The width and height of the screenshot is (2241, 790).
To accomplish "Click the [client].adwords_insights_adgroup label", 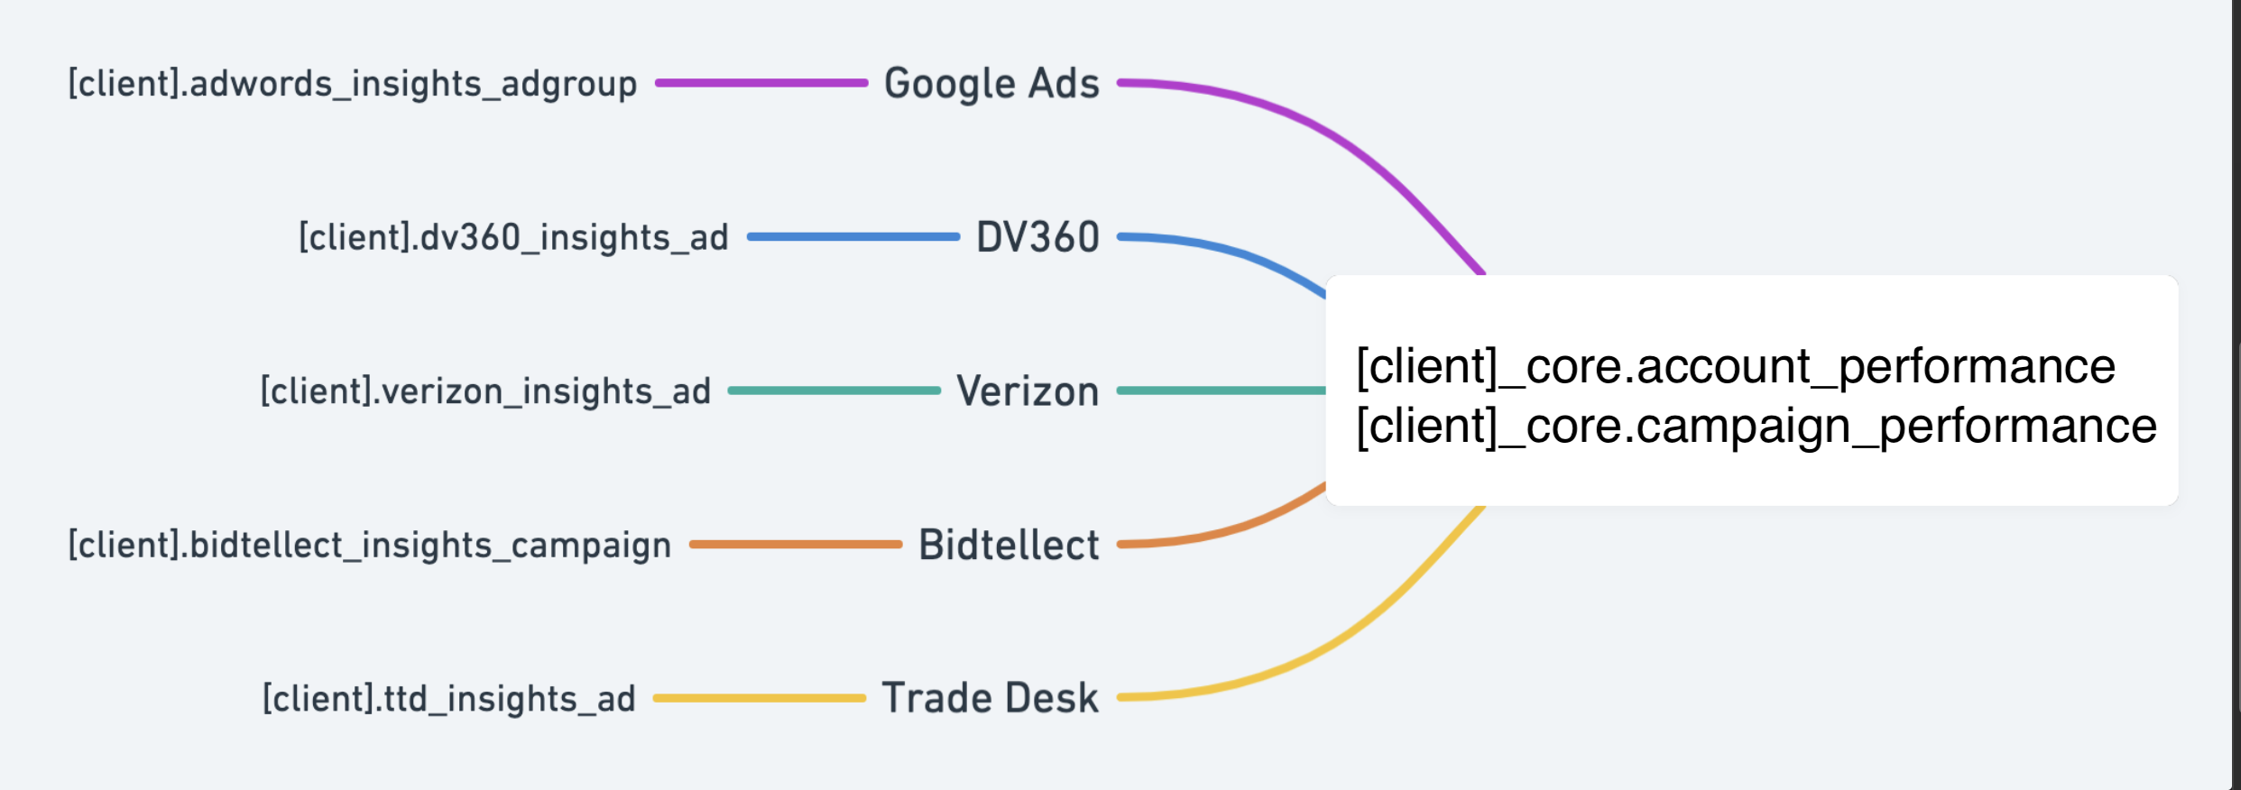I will pyautogui.click(x=353, y=84).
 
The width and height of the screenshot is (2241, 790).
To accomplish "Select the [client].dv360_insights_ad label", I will pyautogui.click(x=513, y=238).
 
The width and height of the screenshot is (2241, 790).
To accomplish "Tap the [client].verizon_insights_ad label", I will pyautogui.click(x=485, y=391).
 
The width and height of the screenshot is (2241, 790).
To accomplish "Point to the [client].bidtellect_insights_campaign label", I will pyautogui.click(x=370, y=546).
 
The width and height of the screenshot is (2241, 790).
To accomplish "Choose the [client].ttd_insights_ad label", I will pyautogui.click(x=448, y=699).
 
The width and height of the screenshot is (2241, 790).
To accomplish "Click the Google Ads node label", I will pyautogui.click(x=991, y=84).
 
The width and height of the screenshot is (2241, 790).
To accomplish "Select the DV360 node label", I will pyautogui.click(x=1037, y=238).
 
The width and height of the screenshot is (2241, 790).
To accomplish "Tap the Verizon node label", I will pyautogui.click(x=1028, y=391).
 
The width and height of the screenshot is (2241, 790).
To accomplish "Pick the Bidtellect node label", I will pyautogui.click(x=1009, y=546).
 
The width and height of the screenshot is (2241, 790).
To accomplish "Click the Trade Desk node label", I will pyautogui.click(x=990, y=699).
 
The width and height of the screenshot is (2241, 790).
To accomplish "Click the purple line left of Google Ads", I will pyautogui.click(x=761, y=83).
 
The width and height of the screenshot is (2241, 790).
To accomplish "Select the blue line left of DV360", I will pyautogui.click(x=853, y=237).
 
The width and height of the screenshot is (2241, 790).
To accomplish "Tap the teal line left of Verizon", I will pyautogui.click(x=834, y=390).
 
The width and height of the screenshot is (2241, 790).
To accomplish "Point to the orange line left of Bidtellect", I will pyautogui.click(x=796, y=545).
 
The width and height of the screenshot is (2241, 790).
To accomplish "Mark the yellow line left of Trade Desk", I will pyautogui.click(x=759, y=698).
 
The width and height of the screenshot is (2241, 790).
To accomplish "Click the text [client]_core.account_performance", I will pyautogui.click(x=1736, y=366).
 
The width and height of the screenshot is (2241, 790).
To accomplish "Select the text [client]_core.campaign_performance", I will pyautogui.click(x=1756, y=426).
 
